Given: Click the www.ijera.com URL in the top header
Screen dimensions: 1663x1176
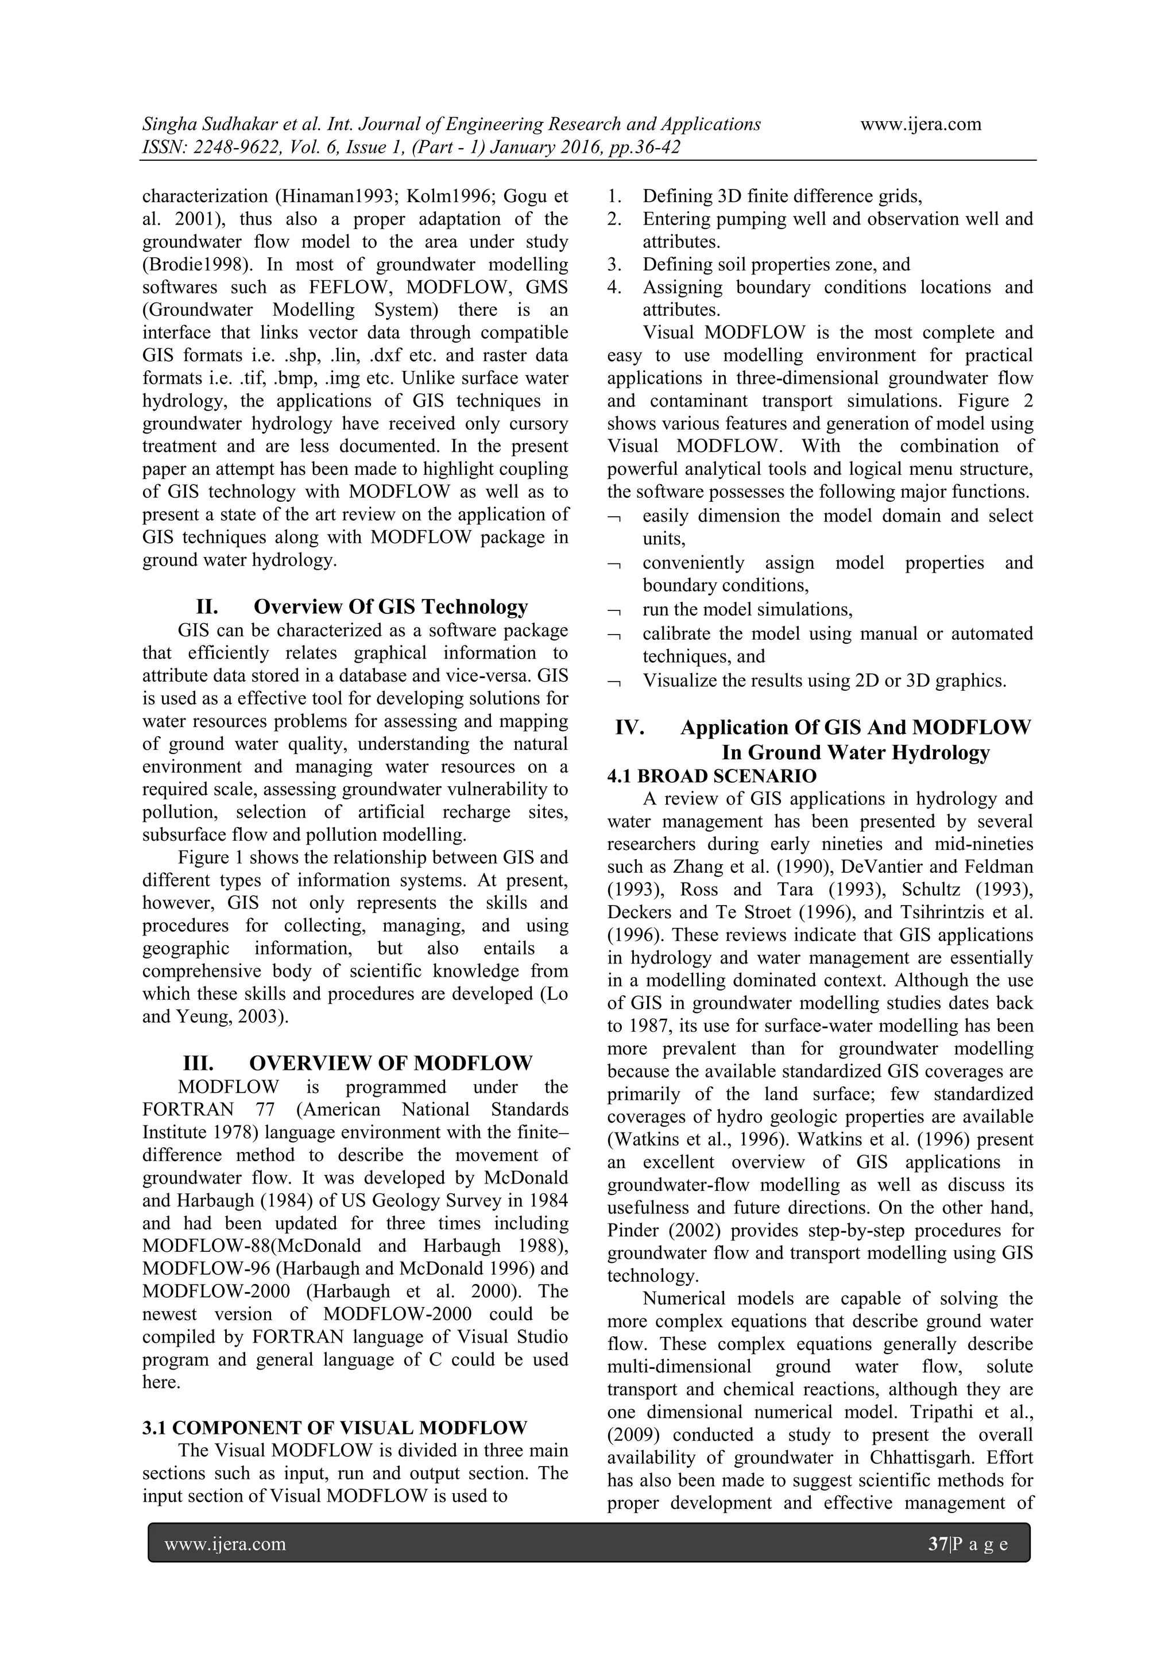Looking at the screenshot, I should point(920,124).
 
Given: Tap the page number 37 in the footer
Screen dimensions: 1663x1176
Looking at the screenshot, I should point(938,1544).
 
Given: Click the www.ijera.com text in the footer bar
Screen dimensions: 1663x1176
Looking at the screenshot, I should point(225,1544).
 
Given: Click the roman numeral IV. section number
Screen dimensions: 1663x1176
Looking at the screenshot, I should point(629,727).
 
